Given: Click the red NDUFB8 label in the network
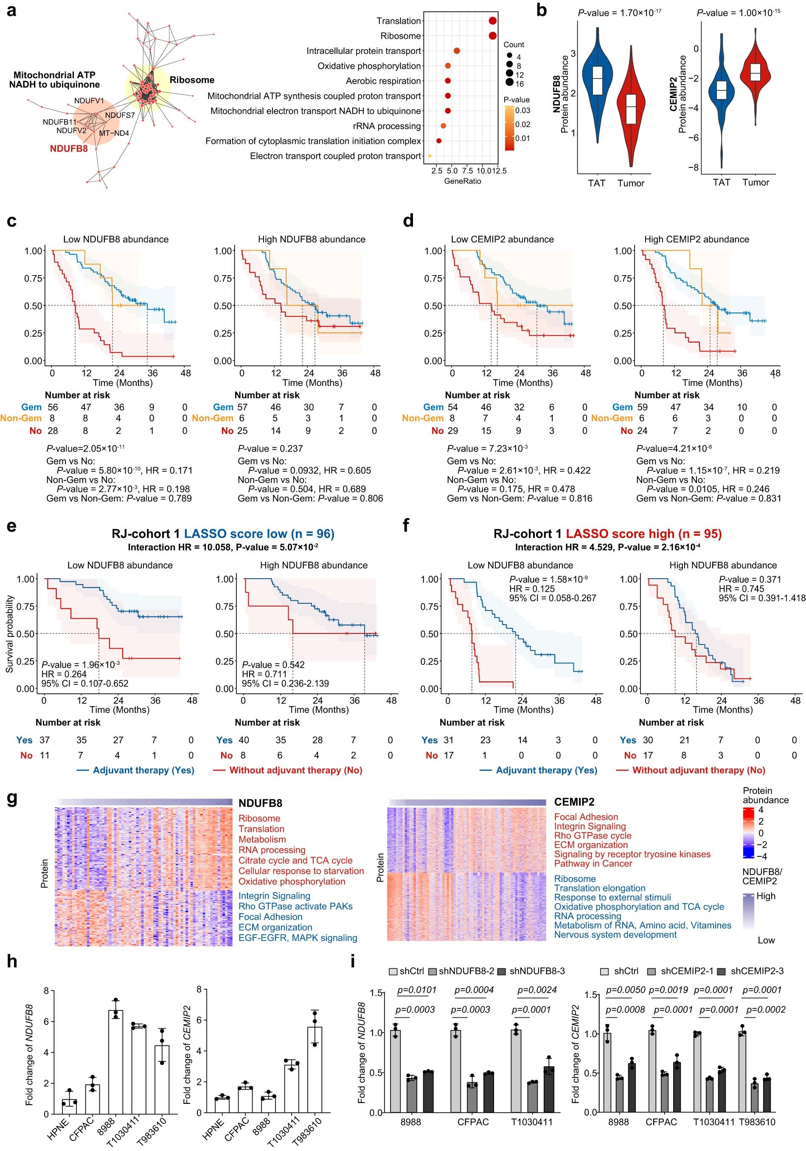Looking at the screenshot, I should pos(69,149).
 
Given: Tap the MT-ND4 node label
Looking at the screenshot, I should pos(114,133).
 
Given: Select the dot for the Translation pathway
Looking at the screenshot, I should pos(492,20).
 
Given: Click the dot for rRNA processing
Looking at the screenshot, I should pos(443,126).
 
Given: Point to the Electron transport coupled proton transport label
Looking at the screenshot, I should pos(335,156).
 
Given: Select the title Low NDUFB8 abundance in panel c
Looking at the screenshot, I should pos(116,239).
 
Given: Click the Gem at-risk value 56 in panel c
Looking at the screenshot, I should pos(53,407).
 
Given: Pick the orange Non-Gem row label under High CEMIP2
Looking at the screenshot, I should pos(612,418).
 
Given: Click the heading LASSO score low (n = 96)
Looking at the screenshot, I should pos(259,533).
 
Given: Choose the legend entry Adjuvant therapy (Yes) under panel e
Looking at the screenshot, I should pos(143,770).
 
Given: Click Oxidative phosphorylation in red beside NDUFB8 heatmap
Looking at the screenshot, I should pos(292,881).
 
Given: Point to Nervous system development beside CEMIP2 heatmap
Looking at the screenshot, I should pos(615,934).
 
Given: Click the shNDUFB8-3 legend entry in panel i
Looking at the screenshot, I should pos(537,971).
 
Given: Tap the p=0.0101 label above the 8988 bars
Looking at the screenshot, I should pos(416,990).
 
